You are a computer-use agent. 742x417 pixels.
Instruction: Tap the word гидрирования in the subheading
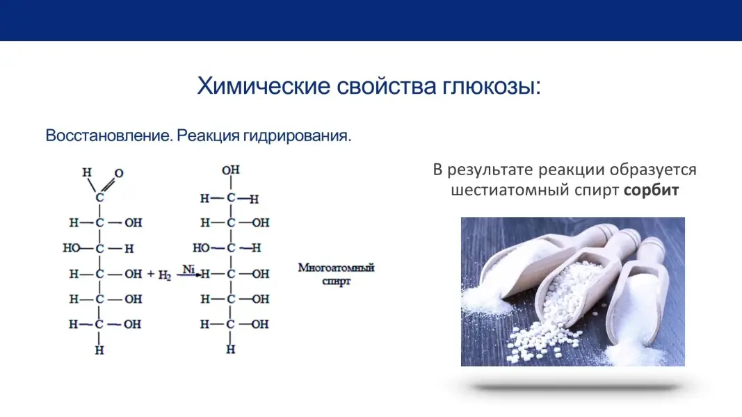pyautogui.click(x=297, y=136)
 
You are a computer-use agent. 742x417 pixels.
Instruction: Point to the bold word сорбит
pyautogui.click(x=651, y=190)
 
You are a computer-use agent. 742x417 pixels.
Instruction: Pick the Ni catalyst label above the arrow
pyautogui.click(x=188, y=269)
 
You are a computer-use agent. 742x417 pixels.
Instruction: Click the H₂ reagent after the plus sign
pyautogui.click(x=164, y=275)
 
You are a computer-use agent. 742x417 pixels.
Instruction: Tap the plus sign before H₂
pyautogui.click(x=150, y=274)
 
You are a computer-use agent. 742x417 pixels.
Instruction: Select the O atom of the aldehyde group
pyautogui.click(x=119, y=174)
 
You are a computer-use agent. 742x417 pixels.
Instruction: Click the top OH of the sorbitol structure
pyautogui.click(x=231, y=170)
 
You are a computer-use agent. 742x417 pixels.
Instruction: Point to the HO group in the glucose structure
pyautogui.click(x=72, y=247)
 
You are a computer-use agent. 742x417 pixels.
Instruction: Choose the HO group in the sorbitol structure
pyautogui.click(x=201, y=247)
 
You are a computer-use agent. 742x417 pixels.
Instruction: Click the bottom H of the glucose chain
pyautogui.click(x=99, y=350)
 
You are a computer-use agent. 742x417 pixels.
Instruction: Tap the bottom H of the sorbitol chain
pyautogui.click(x=230, y=350)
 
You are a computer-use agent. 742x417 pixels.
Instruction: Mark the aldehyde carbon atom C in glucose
pyautogui.click(x=99, y=197)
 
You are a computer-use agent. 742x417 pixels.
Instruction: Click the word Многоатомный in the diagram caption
pyautogui.click(x=336, y=268)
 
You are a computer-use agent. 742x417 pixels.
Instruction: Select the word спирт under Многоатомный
pyautogui.click(x=336, y=281)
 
